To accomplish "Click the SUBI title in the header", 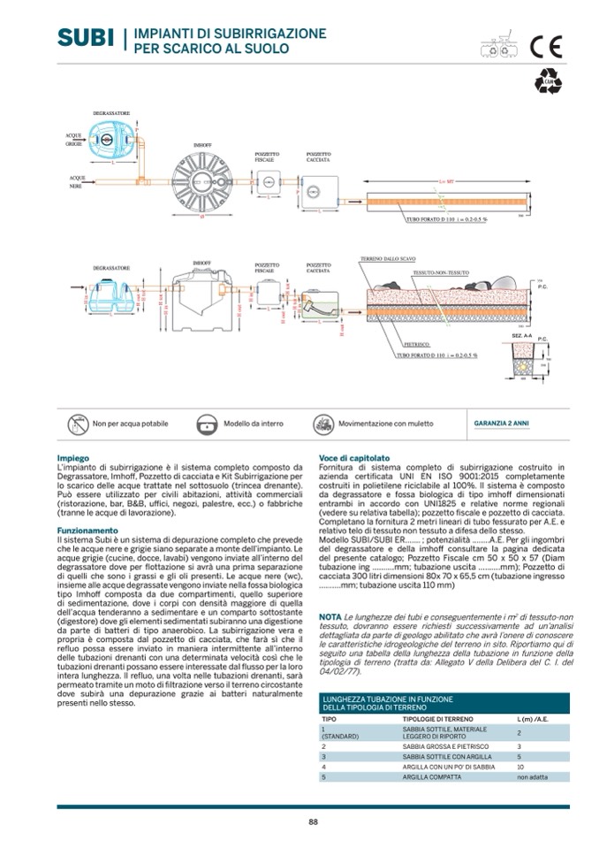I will (x=86, y=37).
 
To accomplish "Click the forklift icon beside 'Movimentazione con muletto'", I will (x=324, y=424).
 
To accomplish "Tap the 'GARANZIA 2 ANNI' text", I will (x=502, y=424).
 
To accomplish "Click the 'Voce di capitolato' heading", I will (x=348, y=458).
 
